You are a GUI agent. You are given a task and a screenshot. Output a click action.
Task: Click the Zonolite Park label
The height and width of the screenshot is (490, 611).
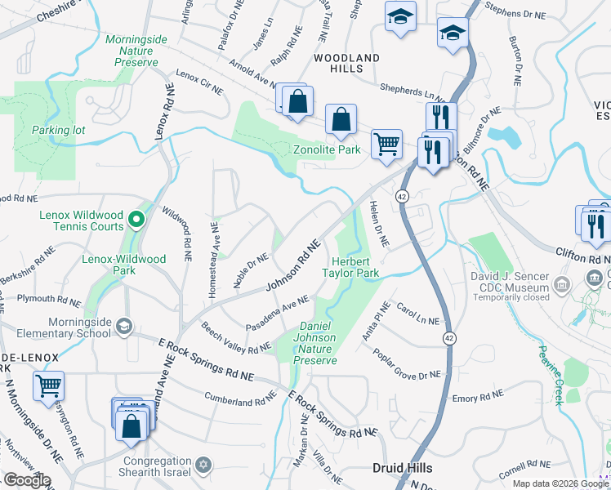[327, 149]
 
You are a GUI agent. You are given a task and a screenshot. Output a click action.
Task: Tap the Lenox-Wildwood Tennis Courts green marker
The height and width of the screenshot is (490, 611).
[136, 219]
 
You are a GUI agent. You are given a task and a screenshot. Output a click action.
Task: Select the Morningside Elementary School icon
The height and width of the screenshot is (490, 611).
[123, 327]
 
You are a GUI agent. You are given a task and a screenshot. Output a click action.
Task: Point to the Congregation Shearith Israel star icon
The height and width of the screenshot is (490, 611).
[203, 466]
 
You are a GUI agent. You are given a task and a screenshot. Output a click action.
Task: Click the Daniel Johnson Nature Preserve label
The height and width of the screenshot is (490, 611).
[314, 343]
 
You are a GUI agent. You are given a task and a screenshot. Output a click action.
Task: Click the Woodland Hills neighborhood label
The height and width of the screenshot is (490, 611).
[346, 63]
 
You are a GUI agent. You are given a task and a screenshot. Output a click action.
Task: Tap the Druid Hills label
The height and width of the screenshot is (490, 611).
[402, 468]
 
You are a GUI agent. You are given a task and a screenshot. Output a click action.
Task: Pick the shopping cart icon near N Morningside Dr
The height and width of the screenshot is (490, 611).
[49, 385]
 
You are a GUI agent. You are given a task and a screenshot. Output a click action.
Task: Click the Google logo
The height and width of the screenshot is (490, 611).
[26, 480]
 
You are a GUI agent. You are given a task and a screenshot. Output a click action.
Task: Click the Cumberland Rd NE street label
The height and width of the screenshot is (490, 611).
[241, 400]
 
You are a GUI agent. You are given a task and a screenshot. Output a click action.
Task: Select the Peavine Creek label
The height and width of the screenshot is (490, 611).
[550, 375]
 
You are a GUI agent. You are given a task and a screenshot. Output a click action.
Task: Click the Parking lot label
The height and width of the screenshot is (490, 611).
[58, 130]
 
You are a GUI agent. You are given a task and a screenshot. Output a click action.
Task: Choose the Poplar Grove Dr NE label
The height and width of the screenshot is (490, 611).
[406, 364]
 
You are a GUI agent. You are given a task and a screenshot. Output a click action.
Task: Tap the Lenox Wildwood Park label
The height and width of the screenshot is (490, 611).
[124, 265]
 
